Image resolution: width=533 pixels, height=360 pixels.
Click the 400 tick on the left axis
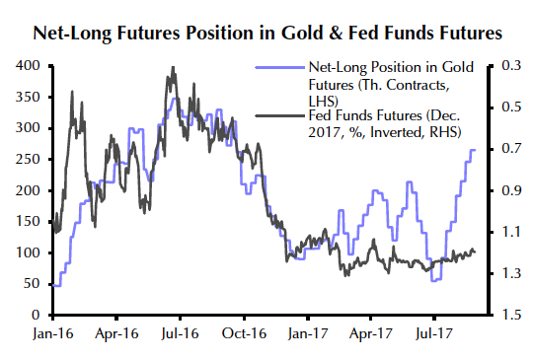tap(26, 66)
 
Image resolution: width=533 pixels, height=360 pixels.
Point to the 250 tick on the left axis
tap(26, 160)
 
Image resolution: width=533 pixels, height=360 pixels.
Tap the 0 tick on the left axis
tap(33, 316)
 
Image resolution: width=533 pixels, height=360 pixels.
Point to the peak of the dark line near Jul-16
tap(173, 68)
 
